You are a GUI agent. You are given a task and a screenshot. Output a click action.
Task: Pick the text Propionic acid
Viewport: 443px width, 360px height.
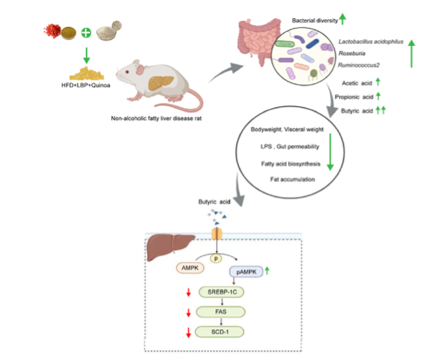353,96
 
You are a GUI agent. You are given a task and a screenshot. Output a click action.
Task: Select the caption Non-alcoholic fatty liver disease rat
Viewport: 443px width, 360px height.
157,119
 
